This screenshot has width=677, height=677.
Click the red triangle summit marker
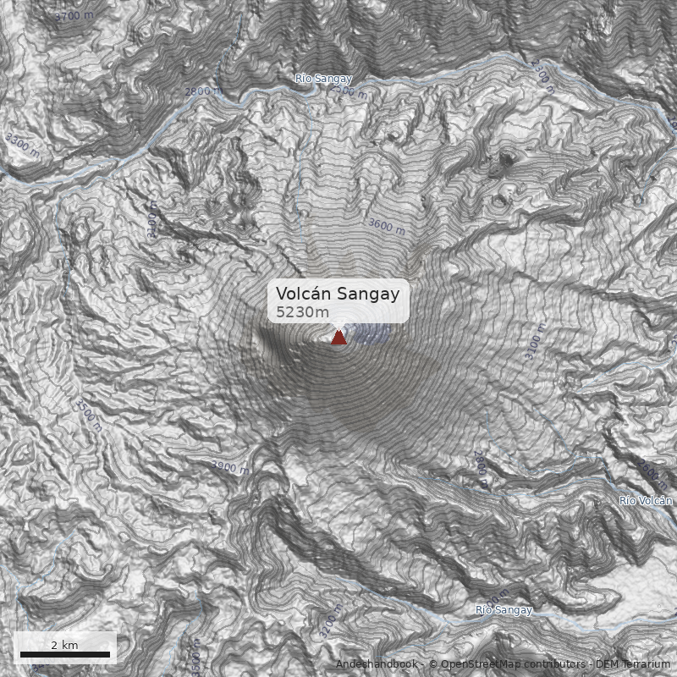pos(338,338)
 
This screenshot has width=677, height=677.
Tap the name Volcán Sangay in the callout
pos(338,294)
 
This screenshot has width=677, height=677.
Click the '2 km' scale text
pos(64,645)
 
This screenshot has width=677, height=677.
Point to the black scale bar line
pos(65,654)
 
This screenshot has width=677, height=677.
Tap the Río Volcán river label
pos(645,501)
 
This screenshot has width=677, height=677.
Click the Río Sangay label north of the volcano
pos(323,79)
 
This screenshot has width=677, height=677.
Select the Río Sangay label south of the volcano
pos(504,609)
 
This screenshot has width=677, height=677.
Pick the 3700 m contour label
pos(74,15)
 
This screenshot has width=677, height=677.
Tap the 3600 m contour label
pos(386,226)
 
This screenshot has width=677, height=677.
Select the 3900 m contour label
pos(229,468)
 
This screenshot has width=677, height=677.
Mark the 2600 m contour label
pos(480,468)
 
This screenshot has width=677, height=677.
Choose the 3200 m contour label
pos(331,622)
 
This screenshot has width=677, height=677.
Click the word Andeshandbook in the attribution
pos(377,664)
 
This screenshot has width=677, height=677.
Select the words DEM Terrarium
pos(632,664)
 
